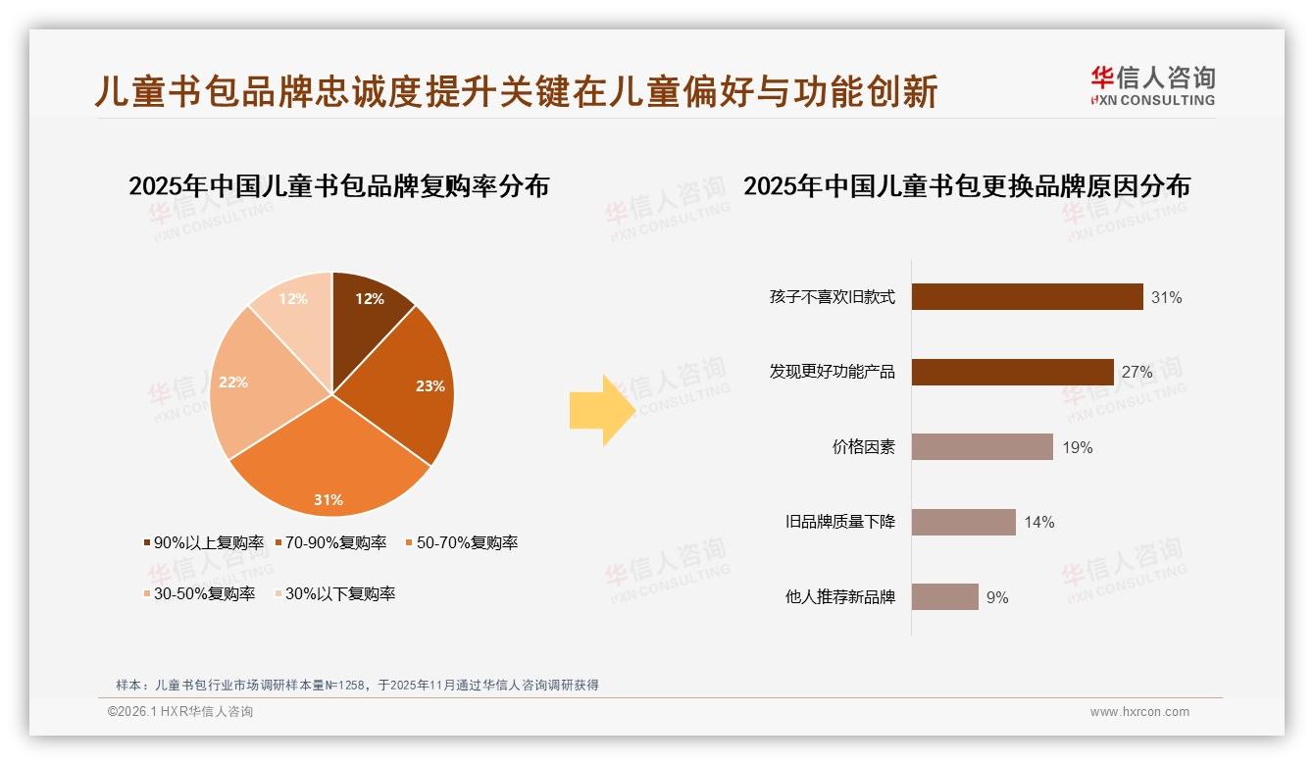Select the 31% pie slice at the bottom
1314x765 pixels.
pyautogui.click(x=329, y=471)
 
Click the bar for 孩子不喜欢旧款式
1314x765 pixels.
pyautogui.click(x=1027, y=297)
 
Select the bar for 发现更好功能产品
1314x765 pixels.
pyautogui.click(x=1012, y=372)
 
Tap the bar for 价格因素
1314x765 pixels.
pyautogui.click(x=982, y=447)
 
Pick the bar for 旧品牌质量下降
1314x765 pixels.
pyautogui.click(x=963, y=522)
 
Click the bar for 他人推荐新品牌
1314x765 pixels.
pyautogui.click(x=944, y=596)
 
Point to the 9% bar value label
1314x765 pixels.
pyautogui.click(x=997, y=597)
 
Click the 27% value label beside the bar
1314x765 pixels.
pyautogui.click(x=1137, y=373)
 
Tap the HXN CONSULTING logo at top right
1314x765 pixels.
pyautogui.click(x=1152, y=86)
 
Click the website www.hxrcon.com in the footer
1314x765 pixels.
pyautogui.click(x=1139, y=712)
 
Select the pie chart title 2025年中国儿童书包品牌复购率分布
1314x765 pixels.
pyautogui.click(x=338, y=186)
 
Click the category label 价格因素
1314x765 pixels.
pyautogui.click(x=863, y=447)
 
